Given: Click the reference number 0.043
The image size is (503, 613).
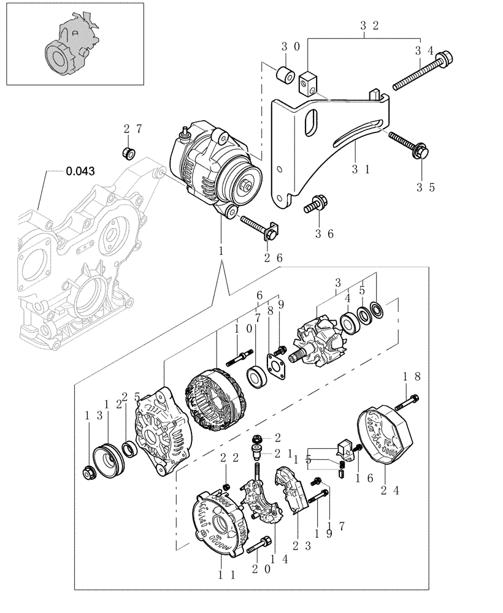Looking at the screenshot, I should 80,172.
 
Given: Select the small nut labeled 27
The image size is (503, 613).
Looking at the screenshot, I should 129,151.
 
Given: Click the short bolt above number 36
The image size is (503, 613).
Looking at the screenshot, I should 317,202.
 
